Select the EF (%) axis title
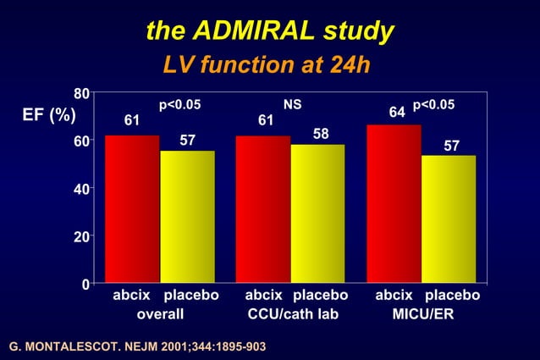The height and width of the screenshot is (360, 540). point(48,115)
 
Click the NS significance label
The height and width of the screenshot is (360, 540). point(293,104)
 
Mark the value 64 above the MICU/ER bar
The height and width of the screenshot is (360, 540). point(397,113)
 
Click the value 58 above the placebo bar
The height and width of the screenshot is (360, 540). point(321,134)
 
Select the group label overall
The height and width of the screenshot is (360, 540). point(161,314)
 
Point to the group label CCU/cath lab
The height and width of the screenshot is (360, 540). point(293,314)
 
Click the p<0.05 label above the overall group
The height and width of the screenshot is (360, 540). point(179,104)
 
